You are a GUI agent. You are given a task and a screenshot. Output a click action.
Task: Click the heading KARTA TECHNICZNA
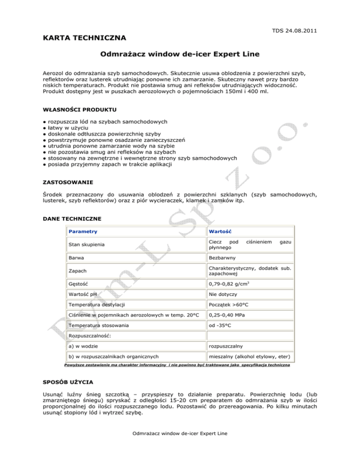pyautogui.click(x=81, y=37)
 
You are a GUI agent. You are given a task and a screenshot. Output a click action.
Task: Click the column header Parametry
pyautogui.click(x=83, y=232)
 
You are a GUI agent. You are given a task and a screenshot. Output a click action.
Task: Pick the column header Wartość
pyautogui.click(x=222, y=232)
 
